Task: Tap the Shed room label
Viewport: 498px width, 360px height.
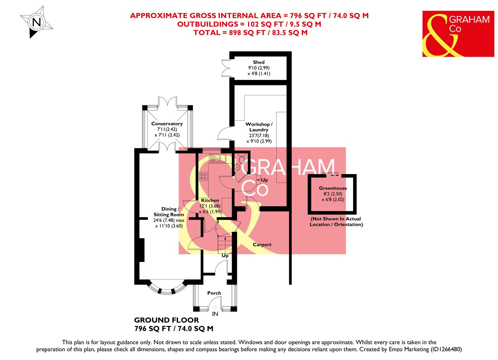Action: click(x=259, y=62)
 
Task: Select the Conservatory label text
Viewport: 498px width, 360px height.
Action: click(x=167, y=124)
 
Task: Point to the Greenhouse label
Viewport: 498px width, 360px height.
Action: click(x=333, y=188)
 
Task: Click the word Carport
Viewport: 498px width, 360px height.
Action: click(x=262, y=245)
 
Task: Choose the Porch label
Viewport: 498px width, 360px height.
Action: click(x=214, y=293)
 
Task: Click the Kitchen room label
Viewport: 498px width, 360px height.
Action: click(x=210, y=200)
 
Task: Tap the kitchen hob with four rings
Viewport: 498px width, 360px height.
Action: click(x=203, y=176)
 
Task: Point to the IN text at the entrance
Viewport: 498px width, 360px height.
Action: click(x=215, y=314)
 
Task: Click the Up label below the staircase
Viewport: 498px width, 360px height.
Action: click(x=225, y=256)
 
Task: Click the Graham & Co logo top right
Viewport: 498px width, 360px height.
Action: click(x=458, y=34)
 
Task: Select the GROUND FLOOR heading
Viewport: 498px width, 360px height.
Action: click(x=166, y=320)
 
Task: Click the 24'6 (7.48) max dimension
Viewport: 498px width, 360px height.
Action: click(x=170, y=220)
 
